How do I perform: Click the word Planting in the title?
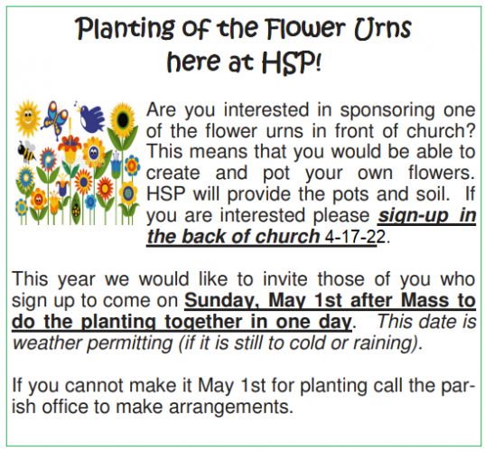tap(125, 29)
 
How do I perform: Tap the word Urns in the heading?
tap(383, 29)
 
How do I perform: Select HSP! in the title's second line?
tap(292, 61)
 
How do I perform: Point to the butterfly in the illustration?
tap(56, 119)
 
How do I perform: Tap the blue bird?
tap(91, 118)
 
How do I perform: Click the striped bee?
tap(26, 151)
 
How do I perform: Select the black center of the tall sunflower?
tap(123, 121)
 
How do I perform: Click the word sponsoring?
tap(387, 111)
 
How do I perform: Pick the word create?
tap(173, 173)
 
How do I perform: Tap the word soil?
tap(433, 194)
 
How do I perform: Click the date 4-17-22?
tap(356, 237)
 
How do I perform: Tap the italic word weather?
tap(47, 344)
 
